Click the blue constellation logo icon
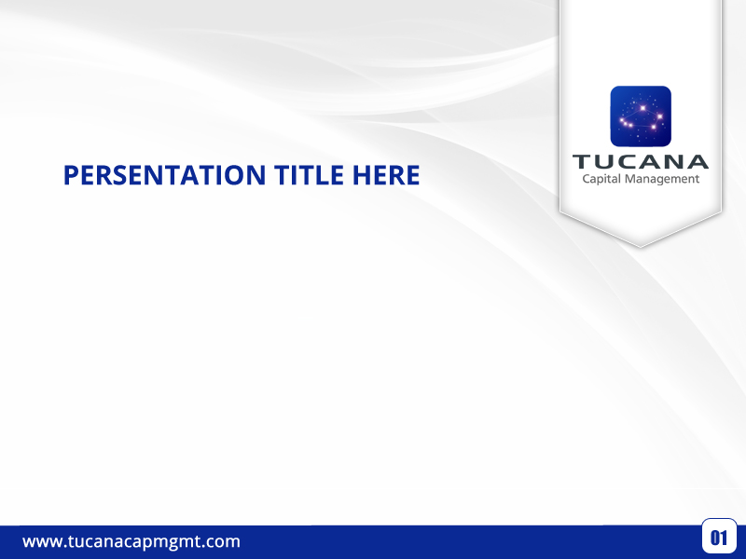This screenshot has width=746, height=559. (x=641, y=116)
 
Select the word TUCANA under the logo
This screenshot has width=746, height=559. (x=641, y=161)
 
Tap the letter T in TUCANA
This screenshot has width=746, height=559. (x=582, y=161)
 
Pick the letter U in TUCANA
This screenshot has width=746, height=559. (x=604, y=161)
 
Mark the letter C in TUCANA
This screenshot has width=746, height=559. (x=628, y=161)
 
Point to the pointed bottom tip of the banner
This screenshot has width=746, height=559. (x=641, y=245)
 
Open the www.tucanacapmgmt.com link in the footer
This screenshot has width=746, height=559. (x=131, y=541)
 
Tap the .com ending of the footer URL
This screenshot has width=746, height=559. (x=221, y=541)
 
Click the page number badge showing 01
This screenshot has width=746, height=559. (x=719, y=537)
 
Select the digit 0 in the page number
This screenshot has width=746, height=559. (x=714, y=538)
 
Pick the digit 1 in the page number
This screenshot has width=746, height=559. (x=724, y=538)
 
